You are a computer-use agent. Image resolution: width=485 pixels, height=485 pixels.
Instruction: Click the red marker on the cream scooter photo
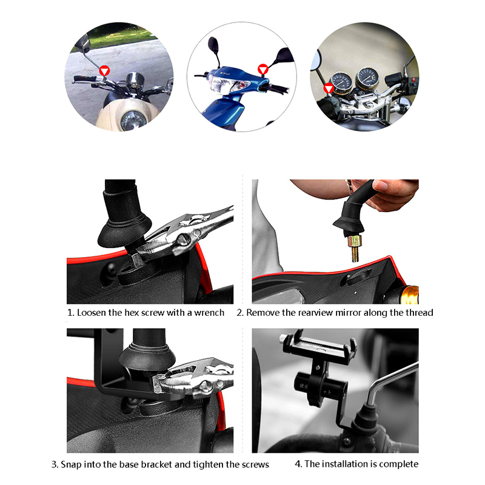[104, 71]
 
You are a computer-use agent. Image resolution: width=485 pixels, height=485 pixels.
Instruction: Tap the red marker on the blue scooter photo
[263, 69]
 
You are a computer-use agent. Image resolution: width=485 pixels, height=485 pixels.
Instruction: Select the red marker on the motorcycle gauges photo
[329, 89]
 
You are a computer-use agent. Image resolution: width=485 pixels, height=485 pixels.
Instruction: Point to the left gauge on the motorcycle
[341, 82]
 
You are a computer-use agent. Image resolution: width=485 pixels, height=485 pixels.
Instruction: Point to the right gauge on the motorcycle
[367, 78]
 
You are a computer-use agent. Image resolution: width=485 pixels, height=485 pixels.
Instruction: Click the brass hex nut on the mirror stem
[354, 241]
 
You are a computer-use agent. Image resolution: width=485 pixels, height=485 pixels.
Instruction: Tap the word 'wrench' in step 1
[209, 313]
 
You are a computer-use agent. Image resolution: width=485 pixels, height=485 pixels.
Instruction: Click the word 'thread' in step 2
[419, 313]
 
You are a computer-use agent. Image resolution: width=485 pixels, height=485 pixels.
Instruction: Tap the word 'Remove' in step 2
[263, 313]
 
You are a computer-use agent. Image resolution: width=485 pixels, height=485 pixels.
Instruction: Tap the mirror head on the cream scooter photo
[82, 43]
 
